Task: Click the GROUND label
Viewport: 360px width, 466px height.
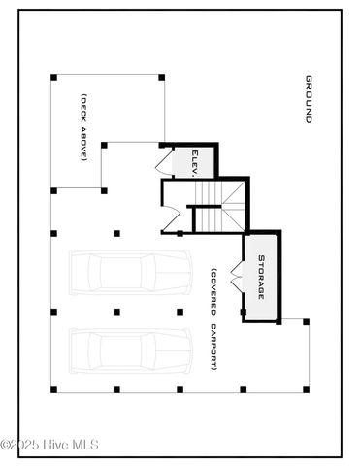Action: click(x=309, y=99)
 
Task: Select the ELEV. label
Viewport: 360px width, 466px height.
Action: click(x=195, y=161)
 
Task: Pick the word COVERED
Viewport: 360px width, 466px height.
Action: click(x=213, y=295)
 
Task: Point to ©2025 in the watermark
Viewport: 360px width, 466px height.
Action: click(x=22, y=446)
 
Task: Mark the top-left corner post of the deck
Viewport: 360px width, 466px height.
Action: click(x=53, y=77)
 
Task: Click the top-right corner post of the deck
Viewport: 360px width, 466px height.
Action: click(x=161, y=77)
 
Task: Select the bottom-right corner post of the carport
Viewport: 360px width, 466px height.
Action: click(x=307, y=389)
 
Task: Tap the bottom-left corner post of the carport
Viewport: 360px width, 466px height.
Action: click(x=53, y=389)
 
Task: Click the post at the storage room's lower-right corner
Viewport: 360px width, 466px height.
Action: click(x=307, y=322)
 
